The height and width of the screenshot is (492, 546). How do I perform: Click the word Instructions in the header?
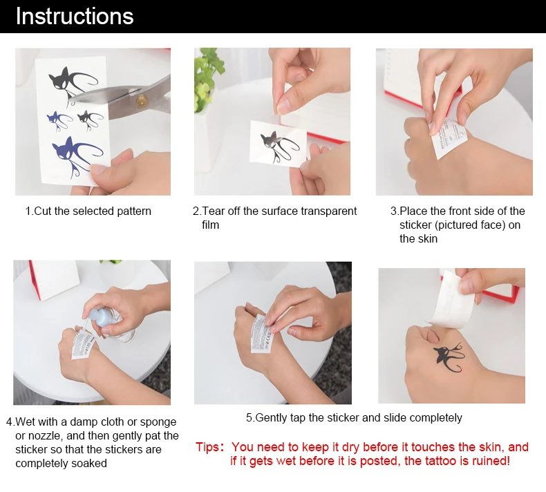[x=75, y=17]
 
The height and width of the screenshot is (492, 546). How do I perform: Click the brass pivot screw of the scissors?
[x=142, y=102]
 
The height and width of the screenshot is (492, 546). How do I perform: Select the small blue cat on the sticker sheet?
[x=59, y=121]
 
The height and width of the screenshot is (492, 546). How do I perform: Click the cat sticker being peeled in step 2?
[x=278, y=144]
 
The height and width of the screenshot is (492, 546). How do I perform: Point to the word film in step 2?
[x=210, y=225]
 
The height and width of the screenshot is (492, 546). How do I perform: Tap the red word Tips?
[x=207, y=446]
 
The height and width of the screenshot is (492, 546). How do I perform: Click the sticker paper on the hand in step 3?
[x=447, y=137]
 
